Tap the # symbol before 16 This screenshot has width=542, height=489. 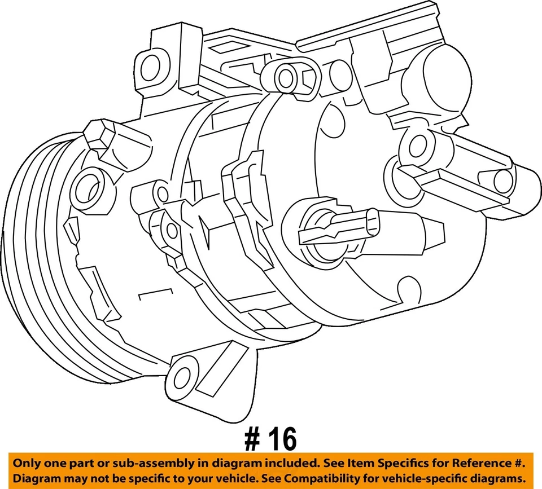point(252,439)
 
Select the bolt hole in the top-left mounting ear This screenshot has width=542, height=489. point(150,68)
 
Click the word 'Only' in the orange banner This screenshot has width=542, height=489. point(27,463)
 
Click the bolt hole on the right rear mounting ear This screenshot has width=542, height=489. point(417,146)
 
